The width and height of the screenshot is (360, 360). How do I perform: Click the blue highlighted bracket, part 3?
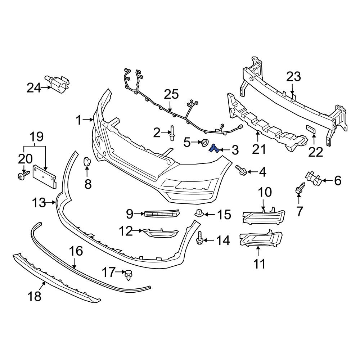215,148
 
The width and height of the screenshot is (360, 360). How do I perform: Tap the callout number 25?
171,95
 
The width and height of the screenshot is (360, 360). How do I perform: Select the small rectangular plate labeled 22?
311,130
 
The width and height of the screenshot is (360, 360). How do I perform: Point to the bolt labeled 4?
241,170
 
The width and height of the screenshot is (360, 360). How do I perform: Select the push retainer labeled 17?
128,274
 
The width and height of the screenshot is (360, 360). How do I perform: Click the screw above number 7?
299,189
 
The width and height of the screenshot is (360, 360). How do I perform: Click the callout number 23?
293,77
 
